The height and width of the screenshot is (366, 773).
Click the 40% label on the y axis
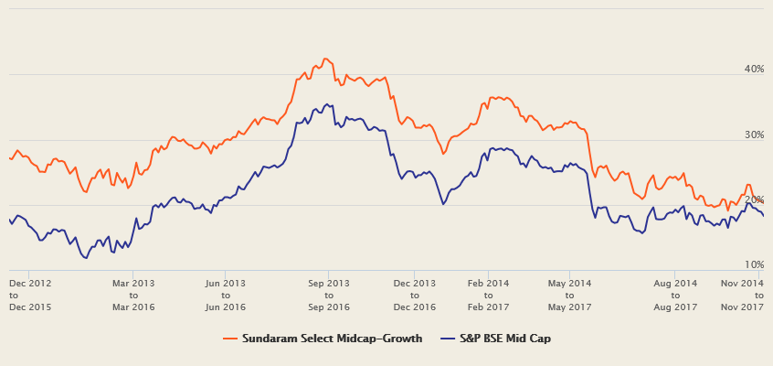tap(754, 70)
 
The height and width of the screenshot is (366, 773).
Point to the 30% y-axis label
tap(754, 135)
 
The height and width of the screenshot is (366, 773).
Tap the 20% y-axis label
tap(754, 200)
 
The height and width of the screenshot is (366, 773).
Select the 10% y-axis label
tap(754, 265)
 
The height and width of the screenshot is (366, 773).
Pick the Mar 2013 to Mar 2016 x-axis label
tap(133, 296)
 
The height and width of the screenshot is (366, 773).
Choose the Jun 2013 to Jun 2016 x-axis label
tap(227, 296)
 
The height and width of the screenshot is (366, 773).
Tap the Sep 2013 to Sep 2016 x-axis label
tap(330, 296)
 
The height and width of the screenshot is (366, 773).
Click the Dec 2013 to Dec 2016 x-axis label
tap(415, 296)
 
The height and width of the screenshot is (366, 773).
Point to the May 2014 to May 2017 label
tap(569, 296)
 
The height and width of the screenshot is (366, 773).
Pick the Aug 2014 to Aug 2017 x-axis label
tap(675, 296)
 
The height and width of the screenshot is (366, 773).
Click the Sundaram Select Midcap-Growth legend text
tap(332, 339)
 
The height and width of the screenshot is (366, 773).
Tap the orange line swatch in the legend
tap(231, 339)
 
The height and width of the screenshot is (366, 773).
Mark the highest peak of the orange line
tap(326, 59)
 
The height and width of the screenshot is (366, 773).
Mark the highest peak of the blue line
tap(327, 104)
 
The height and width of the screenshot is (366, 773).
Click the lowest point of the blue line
tap(86, 258)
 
